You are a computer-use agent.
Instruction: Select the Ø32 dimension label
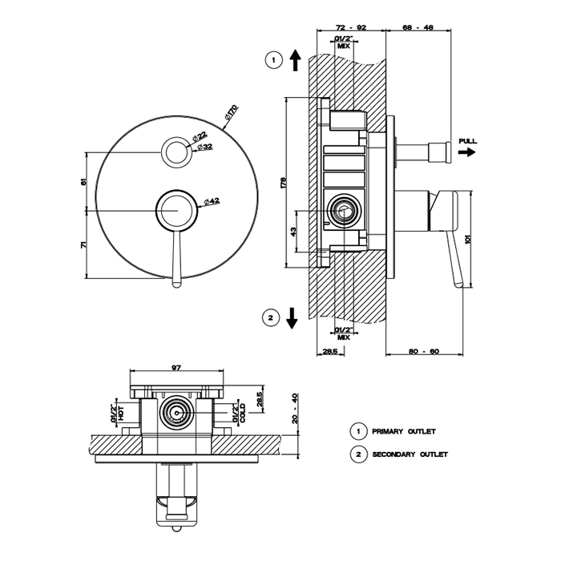pos(206,147)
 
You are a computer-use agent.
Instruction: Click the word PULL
pos(467,141)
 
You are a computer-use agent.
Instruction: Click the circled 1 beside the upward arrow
pos(274,60)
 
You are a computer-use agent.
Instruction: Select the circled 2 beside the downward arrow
pos(271,318)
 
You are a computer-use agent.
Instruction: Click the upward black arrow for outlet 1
pos(294,59)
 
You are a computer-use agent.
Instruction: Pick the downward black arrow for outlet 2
pos(292,318)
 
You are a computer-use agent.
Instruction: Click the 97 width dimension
pos(176,368)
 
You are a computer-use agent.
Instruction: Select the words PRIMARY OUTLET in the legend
pos(404,431)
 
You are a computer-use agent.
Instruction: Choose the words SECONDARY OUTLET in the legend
pos(410,454)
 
